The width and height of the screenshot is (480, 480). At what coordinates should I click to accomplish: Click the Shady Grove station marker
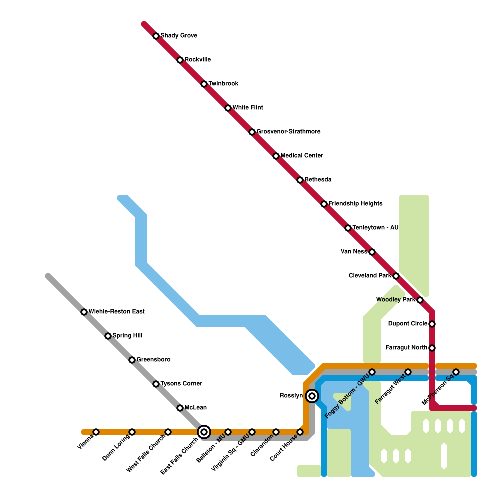[x=156, y=36]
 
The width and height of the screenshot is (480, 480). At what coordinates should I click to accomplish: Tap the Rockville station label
[x=198, y=60]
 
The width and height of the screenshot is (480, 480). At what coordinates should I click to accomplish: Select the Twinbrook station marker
[x=204, y=84]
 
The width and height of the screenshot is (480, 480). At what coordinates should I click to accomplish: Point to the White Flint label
[x=248, y=108]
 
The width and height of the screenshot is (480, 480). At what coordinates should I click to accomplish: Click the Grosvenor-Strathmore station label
[x=288, y=132]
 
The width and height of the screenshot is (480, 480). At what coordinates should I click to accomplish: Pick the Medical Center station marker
[x=276, y=156]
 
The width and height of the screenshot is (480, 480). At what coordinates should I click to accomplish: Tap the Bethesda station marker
[x=300, y=180]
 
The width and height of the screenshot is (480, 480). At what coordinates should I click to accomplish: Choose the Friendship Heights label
[x=355, y=204]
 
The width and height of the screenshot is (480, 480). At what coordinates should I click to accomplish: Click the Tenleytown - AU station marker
[x=348, y=228]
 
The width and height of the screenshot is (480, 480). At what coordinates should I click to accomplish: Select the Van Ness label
[x=354, y=252]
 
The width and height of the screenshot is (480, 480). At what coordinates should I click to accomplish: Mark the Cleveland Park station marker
[x=396, y=276]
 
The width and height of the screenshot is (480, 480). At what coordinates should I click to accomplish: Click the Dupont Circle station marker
[x=432, y=324]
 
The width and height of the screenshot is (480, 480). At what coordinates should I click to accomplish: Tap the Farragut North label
[x=406, y=348]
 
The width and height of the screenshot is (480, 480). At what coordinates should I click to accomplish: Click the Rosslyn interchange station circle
[x=312, y=396]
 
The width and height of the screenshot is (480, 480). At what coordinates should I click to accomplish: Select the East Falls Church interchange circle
[x=204, y=432]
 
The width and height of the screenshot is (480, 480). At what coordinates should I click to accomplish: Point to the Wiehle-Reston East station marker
[x=84, y=312]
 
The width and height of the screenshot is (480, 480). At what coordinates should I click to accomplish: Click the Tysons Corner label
[x=181, y=384]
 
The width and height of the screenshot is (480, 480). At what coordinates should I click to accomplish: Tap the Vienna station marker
[x=96, y=432]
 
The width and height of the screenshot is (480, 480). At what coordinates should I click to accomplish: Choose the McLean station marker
[x=180, y=408]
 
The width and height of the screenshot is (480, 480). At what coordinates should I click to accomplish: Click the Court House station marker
[x=300, y=432]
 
